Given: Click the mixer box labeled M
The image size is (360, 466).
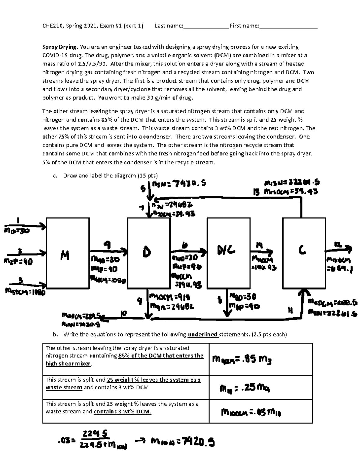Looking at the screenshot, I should coord(67,253).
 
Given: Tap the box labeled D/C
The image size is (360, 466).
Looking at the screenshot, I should coord(229,253).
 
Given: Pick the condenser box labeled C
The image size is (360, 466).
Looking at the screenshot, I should coord(304,253).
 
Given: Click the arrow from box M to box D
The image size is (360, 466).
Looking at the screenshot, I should coord(108,250).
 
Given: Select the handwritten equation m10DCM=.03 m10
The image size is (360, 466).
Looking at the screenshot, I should coord(251,413).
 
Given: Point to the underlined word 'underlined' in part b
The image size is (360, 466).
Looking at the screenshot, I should coord(203,334).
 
